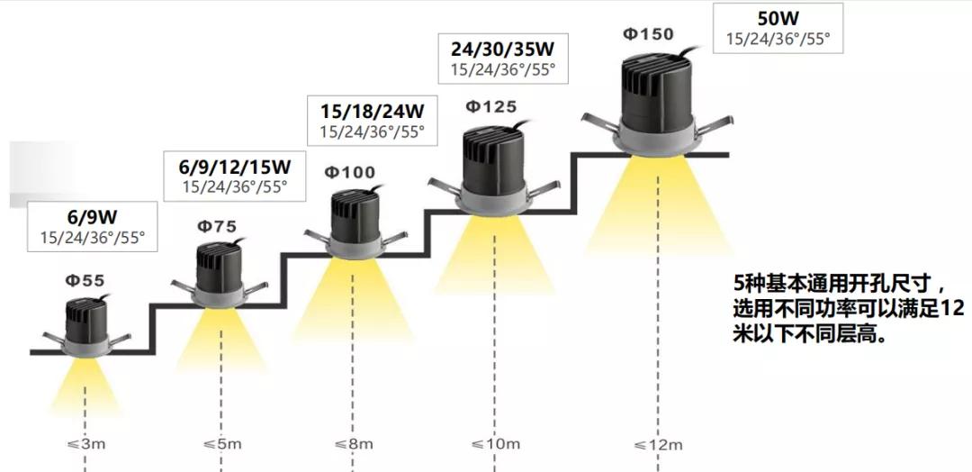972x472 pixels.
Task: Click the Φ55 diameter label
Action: [85, 281]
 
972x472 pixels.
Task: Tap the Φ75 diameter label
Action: [217, 226]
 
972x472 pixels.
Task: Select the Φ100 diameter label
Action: [349, 172]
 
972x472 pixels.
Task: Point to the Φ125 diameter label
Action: [491, 107]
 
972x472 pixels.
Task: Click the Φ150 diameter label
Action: [648, 34]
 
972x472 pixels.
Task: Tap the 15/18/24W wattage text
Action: [372, 111]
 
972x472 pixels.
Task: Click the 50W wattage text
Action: [778, 18]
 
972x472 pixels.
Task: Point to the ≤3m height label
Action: [85, 444]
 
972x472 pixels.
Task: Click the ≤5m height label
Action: [222, 444]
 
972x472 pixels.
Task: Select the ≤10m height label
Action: [495, 444]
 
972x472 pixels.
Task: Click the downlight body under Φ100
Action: [351, 219]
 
